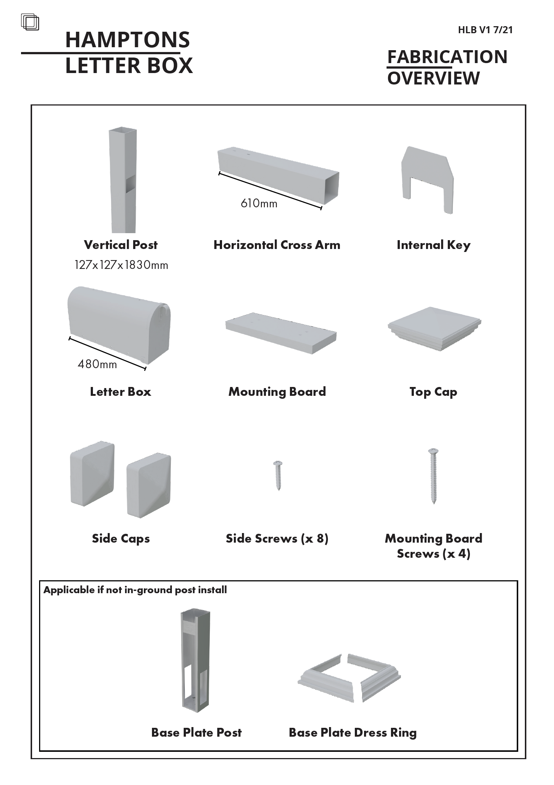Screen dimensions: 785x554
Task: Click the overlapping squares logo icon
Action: coord(30,22)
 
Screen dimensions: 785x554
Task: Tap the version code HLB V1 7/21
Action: coord(485,30)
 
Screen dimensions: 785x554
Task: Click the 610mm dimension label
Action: coord(259,203)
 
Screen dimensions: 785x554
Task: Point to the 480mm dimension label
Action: coord(97,364)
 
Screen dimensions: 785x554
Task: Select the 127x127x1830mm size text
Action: coord(121,265)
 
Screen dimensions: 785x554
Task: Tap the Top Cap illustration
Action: coord(434,328)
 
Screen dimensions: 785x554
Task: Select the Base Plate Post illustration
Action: coord(192,661)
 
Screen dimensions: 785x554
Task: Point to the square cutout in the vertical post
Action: coord(130,184)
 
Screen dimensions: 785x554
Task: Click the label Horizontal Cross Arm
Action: coord(277,245)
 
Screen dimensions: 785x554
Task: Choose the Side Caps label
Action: coord(121,539)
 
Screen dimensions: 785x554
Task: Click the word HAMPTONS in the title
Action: coord(128,40)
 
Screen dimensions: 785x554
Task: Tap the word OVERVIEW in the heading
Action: coord(433,78)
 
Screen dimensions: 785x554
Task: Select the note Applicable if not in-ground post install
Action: coord(135,590)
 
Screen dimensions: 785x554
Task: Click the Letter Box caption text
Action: coord(121,392)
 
